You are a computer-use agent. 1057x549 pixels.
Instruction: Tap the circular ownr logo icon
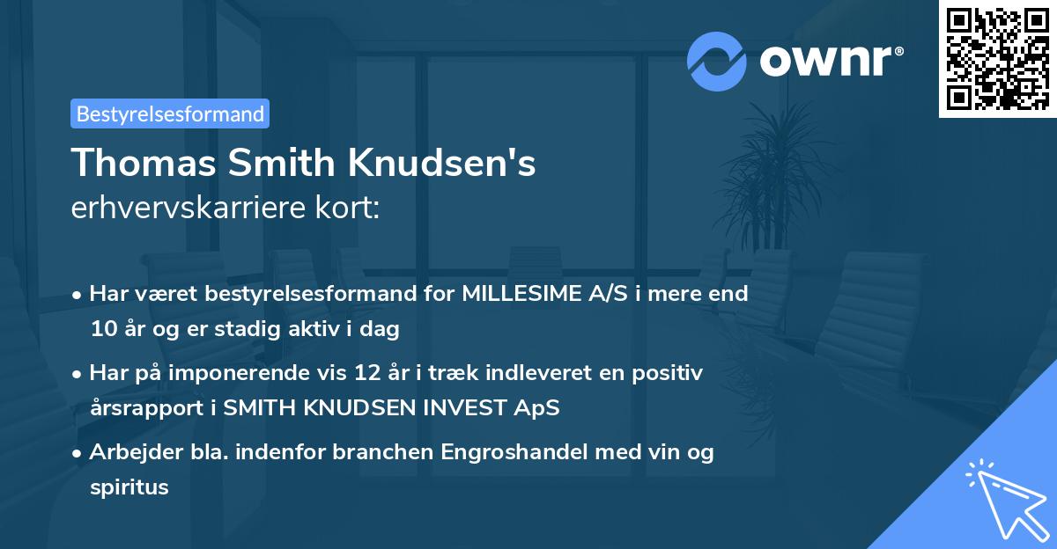click(x=716, y=61)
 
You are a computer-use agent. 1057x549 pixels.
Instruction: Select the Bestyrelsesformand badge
click(x=170, y=113)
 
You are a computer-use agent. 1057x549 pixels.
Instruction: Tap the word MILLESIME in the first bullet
click(x=520, y=294)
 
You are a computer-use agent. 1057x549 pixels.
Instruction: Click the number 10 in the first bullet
click(x=101, y=330)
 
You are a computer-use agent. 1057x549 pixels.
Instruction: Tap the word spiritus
click(x=129, y=487)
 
